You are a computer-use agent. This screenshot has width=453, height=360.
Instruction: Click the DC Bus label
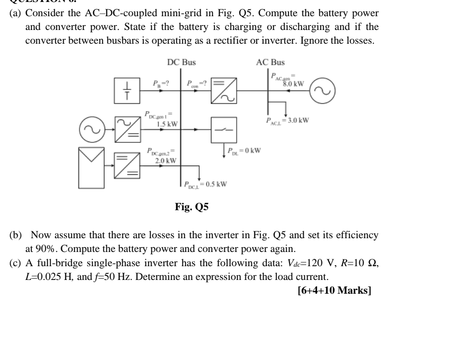(x=181, y=62)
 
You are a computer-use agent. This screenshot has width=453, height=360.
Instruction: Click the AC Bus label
(x=270, y=62)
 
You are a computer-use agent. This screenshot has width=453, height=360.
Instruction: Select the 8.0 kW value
(x=293, y=83)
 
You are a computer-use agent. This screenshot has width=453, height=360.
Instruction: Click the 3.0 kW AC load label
(x=287, y=119)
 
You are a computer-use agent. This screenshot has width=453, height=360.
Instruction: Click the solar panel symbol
(x=93, y=162)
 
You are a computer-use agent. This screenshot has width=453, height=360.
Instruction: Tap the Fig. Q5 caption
(x=192, y=207)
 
